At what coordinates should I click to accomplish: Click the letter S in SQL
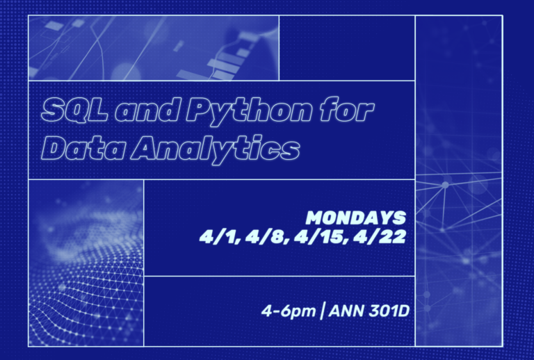click(52, 110)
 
